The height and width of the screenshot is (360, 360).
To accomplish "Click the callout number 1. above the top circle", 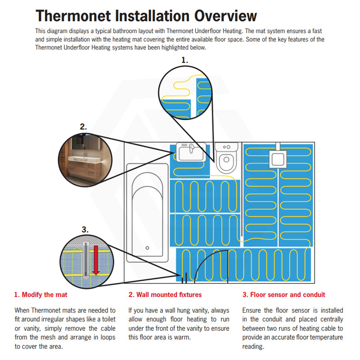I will [x=185, y=59].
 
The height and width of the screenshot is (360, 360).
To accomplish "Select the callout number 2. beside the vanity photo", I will [x=83, y=126].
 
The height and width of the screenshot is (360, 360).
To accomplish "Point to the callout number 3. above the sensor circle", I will [x=85, y=229].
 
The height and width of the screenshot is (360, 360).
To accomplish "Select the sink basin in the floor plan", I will [x=192, y=153].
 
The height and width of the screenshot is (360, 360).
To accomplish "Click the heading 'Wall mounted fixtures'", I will [x=165, y=295].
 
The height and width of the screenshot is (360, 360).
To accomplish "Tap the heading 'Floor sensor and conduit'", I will [x=283, y=295].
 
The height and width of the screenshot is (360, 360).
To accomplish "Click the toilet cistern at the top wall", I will [x=227, y=147].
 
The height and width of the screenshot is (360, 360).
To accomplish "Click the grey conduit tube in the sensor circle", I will [x=84, y=261].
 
